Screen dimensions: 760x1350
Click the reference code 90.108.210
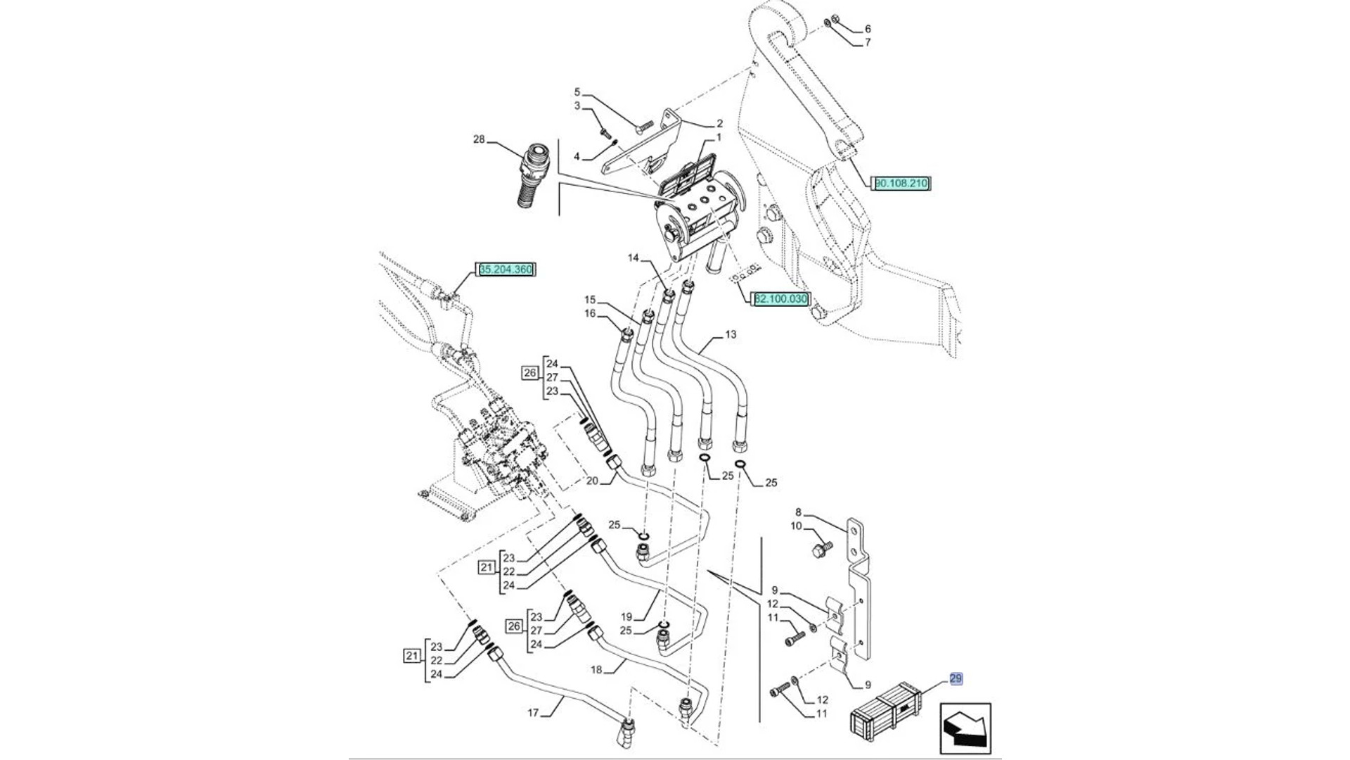[x=901, y=184]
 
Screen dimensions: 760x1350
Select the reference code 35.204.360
[x=506, y=270]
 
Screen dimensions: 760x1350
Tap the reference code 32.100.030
[x=781, y=299]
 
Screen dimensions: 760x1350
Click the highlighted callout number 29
[x=956, y=679]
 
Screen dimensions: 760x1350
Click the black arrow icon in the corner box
[x=965, y=728]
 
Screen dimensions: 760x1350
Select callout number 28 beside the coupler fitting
[x=479, y=140]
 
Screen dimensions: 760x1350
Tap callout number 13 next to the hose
[x=731, y=335]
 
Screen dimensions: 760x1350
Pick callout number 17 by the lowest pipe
[x=533, y=713]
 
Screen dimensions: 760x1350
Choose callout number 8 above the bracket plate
[x=798, y=512]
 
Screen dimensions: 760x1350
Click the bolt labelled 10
[x=821, y=548]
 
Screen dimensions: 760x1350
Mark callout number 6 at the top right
[x=868, y=29]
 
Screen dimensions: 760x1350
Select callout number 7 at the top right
[x=868, y=42]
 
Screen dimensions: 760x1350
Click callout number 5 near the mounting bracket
[x=577, y=92]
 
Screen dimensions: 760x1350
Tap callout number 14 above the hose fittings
[x=634, y=258]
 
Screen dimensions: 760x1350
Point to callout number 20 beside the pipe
[x=592, y=481]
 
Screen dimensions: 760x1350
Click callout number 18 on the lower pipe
[x=596, y=670]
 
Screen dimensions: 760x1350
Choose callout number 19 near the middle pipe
[x=626, y=617]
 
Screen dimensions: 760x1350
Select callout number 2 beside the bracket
[x=719, y=124]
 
